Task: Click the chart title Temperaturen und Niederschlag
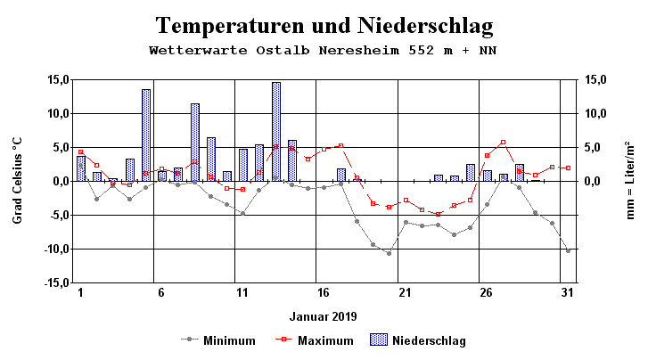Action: click(324, 25)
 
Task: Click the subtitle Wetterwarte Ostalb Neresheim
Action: click(324, 50)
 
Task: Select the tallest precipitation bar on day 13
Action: click(276, 131)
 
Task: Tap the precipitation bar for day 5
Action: click(146, 135)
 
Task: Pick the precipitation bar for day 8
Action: click(195, 142)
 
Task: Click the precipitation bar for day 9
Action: click(211, 159)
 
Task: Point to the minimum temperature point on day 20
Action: click(389, 253)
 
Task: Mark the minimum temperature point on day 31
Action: click(568, 250)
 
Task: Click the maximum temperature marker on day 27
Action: click(503, 142)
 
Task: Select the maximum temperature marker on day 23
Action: click(438, 214)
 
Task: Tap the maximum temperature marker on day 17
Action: click(340, 145)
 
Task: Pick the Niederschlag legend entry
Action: click(419, 340)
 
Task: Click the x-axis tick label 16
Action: click(324, 292)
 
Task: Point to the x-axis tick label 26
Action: click(486, 292)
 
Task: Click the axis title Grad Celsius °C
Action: click(17, 181)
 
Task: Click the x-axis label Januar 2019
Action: click(324, 316)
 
